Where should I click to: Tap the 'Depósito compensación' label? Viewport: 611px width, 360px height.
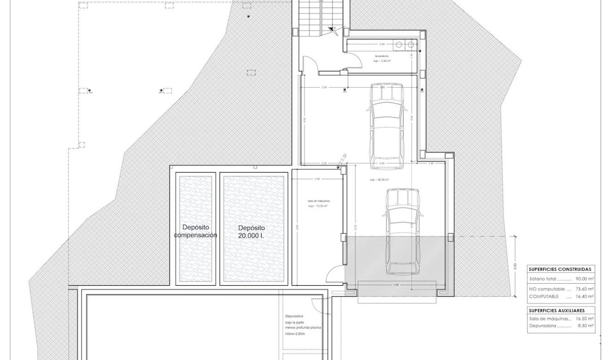pos(196,231)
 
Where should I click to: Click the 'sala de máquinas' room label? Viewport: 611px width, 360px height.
pos(318,201)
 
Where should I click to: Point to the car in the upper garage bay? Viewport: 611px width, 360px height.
pos(387,126)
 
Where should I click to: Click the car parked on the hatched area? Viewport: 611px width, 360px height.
pos(403,231)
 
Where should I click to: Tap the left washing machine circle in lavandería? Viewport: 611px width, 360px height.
pos(398,45)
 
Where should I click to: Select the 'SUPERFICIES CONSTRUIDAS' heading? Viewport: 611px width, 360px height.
pos(560,269)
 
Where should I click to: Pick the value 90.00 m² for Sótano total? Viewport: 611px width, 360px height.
pos(584,279)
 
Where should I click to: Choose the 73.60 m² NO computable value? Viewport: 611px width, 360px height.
pos(584,288)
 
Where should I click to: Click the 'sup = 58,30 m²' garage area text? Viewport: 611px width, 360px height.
pos(379,180)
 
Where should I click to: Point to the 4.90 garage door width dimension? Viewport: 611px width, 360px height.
pos(396,285)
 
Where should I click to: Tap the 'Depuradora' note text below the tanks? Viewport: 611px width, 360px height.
pos(294,317)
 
